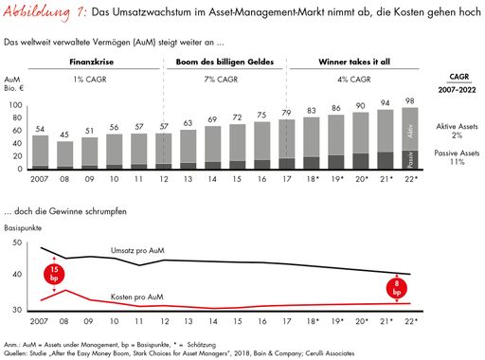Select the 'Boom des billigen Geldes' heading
point(225,62)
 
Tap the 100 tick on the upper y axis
point(16,105)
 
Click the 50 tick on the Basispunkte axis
point(16,243)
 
